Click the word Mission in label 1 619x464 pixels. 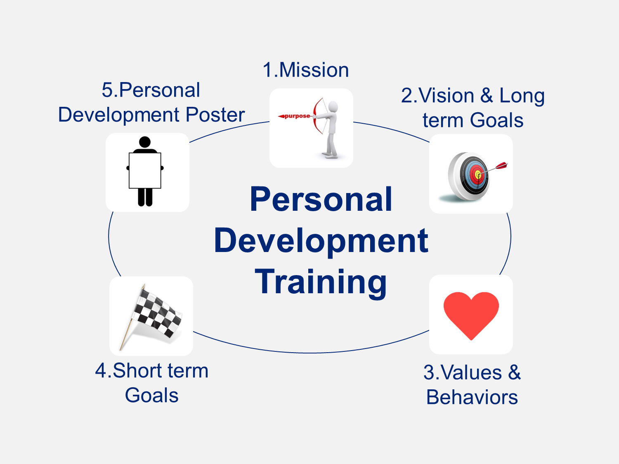click(x=314, y=70)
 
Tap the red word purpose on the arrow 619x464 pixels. click(x=297, y=116)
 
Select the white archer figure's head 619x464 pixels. click(x=333, y=106)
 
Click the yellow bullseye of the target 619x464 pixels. click(x=478, y=174)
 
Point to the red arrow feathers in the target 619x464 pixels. click(x=501, y=165)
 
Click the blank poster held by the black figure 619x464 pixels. click(x=145, y=170)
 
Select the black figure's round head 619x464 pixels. click(x=145, y=142)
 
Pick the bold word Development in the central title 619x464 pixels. click(x=321, y=241)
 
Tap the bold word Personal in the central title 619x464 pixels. click(x=321, y=199)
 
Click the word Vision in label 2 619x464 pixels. click(x=446, y=96)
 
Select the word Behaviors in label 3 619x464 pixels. click(x=472, y=397)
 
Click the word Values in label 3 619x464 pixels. click(x=471, y=372)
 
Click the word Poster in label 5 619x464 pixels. click(x=215, y=115)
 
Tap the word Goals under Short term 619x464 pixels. click(x=152, y=395)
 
